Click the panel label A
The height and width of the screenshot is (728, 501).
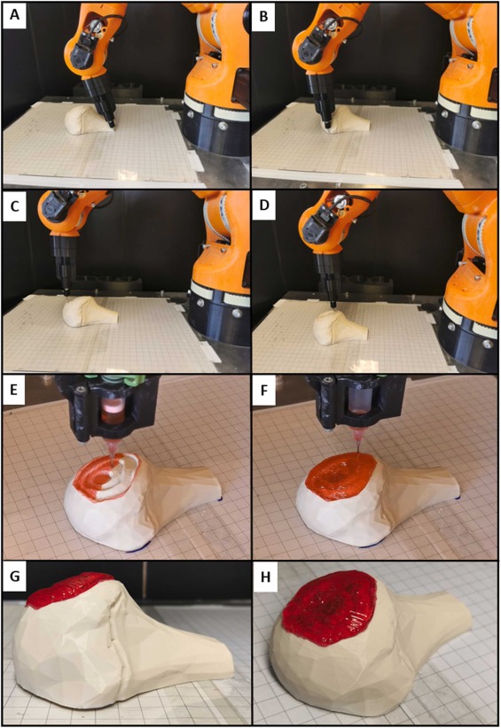15,14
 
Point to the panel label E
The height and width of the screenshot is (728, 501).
15,389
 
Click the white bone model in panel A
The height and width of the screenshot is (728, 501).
87,120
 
